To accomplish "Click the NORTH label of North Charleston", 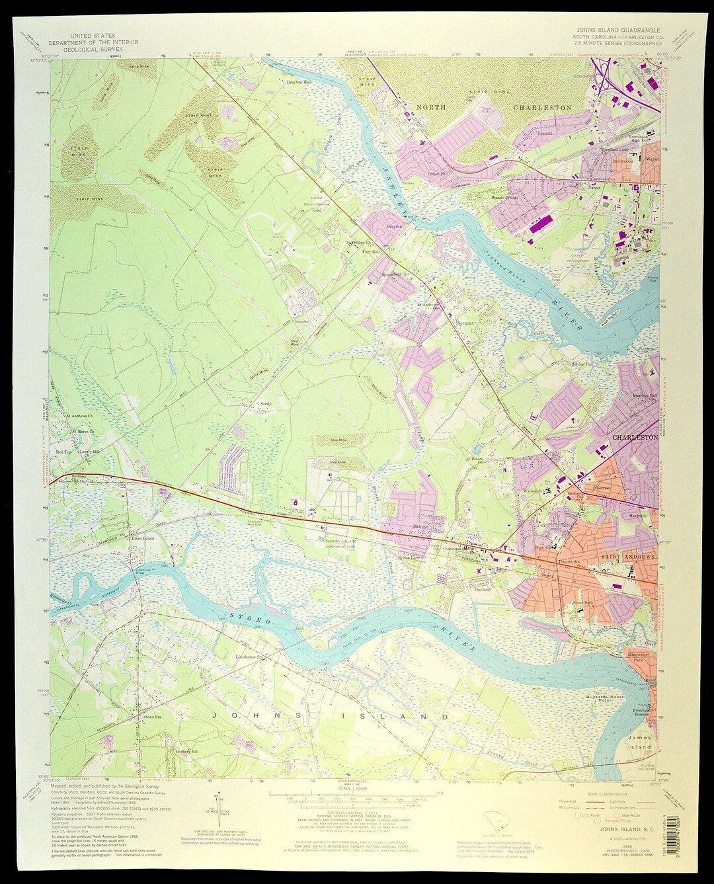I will [x=431, y=107].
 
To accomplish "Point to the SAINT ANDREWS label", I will [x=628, y=557].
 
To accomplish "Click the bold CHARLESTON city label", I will [x=635, y=438].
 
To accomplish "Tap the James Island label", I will [x=639, y=742].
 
